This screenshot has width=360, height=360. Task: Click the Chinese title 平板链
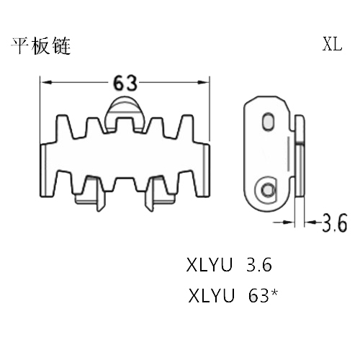point(41,45)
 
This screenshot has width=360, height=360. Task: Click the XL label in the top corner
point(332,44)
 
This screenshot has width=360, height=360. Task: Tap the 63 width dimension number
point(125,83)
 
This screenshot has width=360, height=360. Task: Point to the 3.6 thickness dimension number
point(335,222)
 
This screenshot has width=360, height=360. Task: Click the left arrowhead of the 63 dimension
point(46,82)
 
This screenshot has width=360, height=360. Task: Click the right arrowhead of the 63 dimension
point(204,82)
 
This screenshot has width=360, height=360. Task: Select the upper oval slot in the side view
point(269,121)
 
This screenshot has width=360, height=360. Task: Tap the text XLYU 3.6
point(229,265)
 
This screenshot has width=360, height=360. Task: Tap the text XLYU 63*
point(233,295)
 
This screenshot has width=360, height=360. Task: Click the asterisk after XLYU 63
point(274,292)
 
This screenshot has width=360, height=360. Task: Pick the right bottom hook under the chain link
point(159,194)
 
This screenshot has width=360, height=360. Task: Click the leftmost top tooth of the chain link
point(63,127)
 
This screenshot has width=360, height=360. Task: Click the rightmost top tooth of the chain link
point(186,127)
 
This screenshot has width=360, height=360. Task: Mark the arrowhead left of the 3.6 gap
point(289,222)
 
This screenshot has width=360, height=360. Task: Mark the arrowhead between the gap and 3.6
point(310,222)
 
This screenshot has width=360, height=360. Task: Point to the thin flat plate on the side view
point(300,156)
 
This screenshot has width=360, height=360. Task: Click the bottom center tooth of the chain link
point(125,184)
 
